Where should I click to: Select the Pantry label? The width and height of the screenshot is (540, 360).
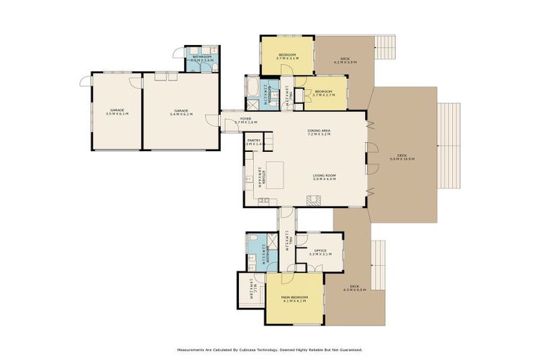click(254, 141)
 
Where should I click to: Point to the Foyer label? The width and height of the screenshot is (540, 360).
click(246, 120)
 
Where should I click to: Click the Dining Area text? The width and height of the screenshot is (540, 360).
click(319, 131)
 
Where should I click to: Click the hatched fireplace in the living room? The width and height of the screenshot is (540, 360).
click(315, 200)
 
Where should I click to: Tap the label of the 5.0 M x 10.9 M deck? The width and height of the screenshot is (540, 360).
click(402, 157)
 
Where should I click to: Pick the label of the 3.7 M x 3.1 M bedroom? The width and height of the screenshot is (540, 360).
click(287, 56)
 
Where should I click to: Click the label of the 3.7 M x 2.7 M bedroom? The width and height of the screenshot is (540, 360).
click(323, 93)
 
